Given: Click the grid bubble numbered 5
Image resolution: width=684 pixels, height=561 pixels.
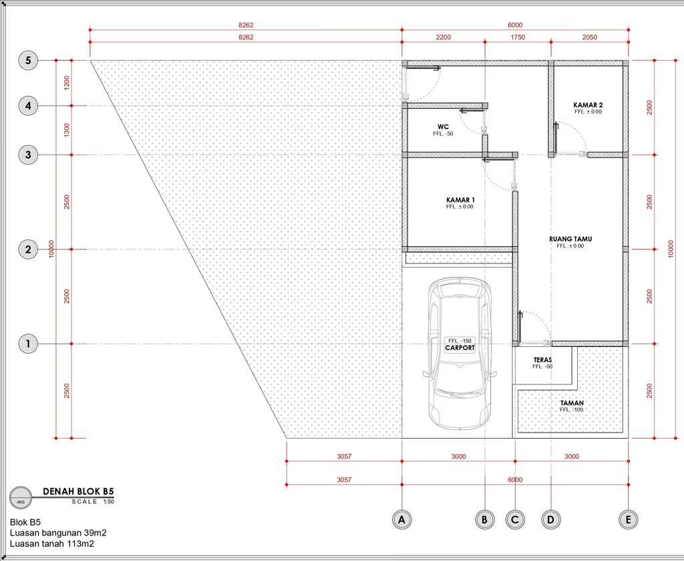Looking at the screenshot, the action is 28,60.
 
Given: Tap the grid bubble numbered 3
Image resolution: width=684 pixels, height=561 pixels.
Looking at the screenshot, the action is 28,154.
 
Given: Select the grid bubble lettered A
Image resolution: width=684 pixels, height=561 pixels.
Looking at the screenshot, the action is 401,520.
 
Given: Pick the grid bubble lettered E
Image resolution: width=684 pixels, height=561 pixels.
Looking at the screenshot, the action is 628,520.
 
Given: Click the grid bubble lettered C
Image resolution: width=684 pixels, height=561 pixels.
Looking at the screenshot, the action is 515,520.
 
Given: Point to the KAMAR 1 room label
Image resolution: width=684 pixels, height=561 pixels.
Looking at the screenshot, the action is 460,200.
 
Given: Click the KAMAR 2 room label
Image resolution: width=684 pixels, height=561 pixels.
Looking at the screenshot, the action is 588,105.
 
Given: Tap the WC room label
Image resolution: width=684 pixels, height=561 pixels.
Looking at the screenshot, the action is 444,126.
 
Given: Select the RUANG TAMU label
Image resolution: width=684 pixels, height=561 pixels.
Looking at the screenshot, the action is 570,239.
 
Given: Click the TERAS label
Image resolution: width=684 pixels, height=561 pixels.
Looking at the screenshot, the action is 542,360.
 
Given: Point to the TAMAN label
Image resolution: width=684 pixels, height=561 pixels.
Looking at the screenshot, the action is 572,403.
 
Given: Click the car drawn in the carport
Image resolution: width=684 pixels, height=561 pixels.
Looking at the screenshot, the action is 460,354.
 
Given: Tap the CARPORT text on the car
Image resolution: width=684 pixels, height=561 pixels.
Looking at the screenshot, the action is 460,348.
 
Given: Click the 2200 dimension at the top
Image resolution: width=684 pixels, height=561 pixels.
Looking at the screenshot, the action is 444,37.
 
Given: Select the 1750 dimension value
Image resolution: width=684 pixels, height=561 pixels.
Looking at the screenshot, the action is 518,37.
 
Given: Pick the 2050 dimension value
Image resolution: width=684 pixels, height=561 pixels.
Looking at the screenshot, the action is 590,37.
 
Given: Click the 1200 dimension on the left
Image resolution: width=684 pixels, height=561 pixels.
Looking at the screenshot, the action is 67,83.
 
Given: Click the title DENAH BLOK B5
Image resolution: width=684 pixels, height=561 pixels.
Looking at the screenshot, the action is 78,491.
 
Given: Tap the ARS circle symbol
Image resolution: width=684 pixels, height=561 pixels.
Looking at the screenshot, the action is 21,497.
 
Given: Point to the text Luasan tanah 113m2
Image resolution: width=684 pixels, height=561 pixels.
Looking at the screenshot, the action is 52,544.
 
